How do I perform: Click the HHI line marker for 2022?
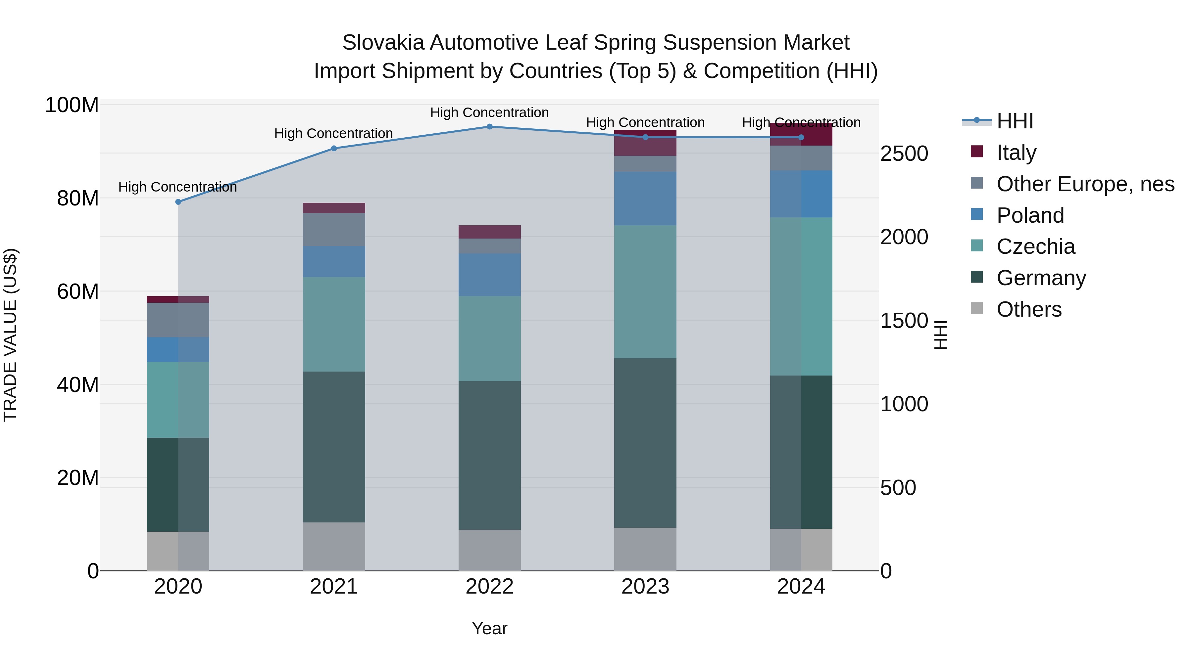(490, 127)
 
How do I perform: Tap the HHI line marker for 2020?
(178, 202)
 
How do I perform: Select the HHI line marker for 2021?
(334, 149)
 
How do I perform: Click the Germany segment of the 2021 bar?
(334, 447)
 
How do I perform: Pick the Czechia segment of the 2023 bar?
(645, 292)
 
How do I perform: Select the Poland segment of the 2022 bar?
(490, 275)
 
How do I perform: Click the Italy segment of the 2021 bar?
(334, 208)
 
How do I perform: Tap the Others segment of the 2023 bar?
(645, 549)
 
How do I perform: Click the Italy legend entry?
(1016, 153)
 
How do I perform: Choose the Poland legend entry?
(1030, 215)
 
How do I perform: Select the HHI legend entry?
(1015, 121)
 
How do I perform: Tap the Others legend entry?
(1029, 309)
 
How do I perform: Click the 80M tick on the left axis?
(77, 199)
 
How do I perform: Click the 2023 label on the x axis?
(645, 587)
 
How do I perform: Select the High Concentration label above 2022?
(490, 113)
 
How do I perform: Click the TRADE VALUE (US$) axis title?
(10, 335)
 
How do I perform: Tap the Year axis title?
(490, 628)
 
